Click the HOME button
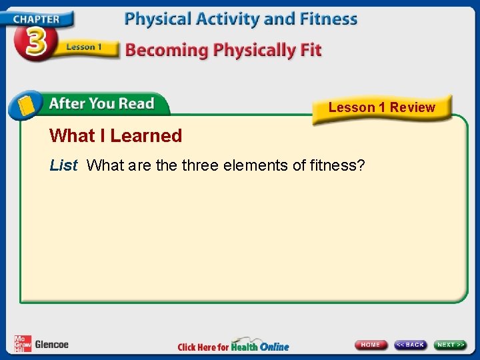(x=371, y=345)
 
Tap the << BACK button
(x=410, y=345)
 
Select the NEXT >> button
(x=451, y=345)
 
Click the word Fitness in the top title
(x=327, y=19)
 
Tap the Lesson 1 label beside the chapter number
(x=83, y=47)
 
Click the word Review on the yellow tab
(x=412, y=107)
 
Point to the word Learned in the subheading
(x=146, y=136)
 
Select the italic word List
(x=63, y=165)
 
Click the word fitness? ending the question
(x=337, y=165)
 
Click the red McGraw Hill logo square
(x=23, y=343)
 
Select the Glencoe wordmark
(x=51, y=344)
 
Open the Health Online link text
(x=260, y=346)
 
